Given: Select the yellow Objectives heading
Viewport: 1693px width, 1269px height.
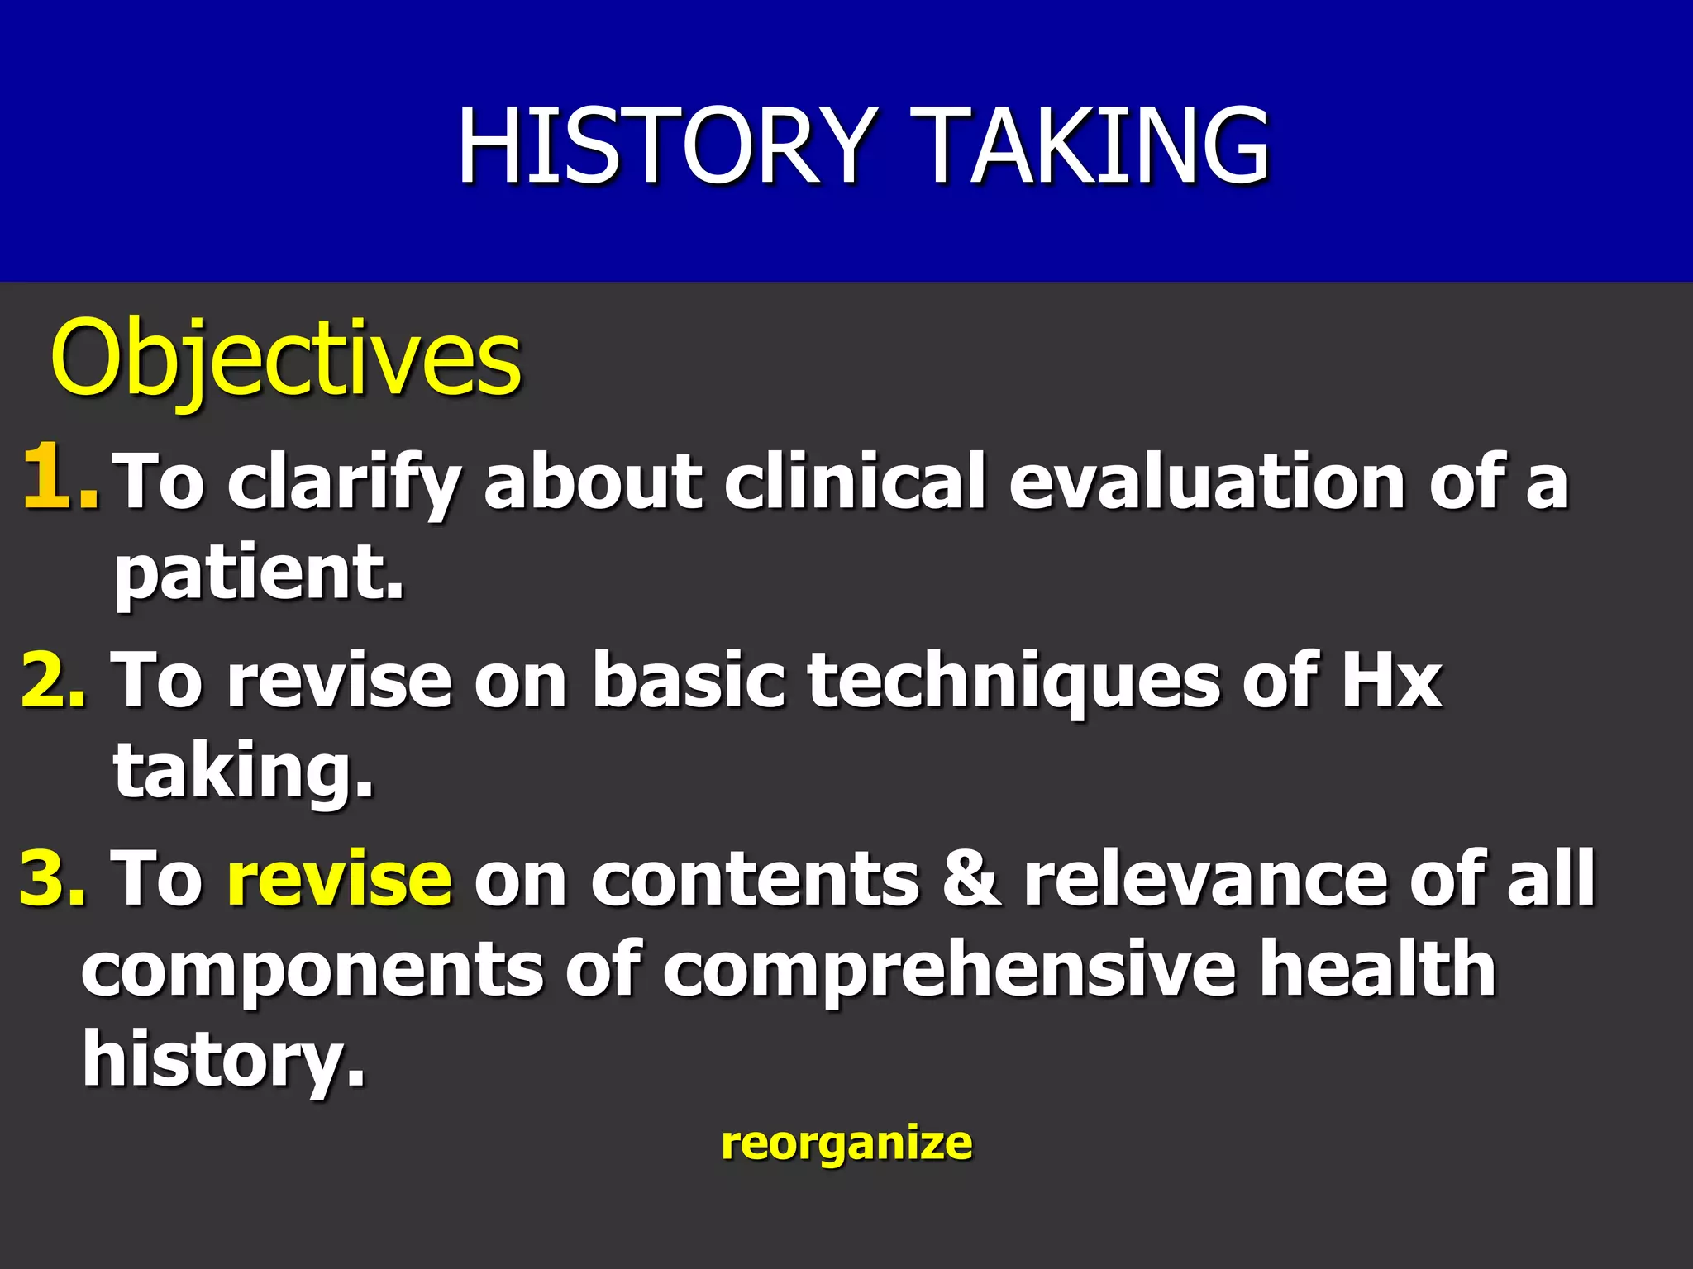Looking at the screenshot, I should click(x=286, y=360).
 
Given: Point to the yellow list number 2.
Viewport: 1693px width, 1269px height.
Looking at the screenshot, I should click(x=53, y=679).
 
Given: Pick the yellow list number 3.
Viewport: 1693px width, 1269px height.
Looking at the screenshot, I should click(x=53, y=877).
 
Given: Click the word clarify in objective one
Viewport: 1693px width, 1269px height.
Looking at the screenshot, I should click(x=344, y=482).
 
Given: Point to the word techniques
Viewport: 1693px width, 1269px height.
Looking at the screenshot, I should click(x=1013, y=682).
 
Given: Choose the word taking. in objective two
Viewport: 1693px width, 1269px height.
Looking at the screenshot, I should click(x=243, y=772).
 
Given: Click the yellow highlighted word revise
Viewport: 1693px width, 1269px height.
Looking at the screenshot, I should click(x=340, y=879).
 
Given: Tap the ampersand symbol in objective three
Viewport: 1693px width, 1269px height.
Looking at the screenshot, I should click(x=972, y=877).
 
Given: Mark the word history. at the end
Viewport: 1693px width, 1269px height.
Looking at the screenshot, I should click(x=223, y=1061).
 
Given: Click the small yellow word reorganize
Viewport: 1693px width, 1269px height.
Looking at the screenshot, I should click(x=846, y=1145).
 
